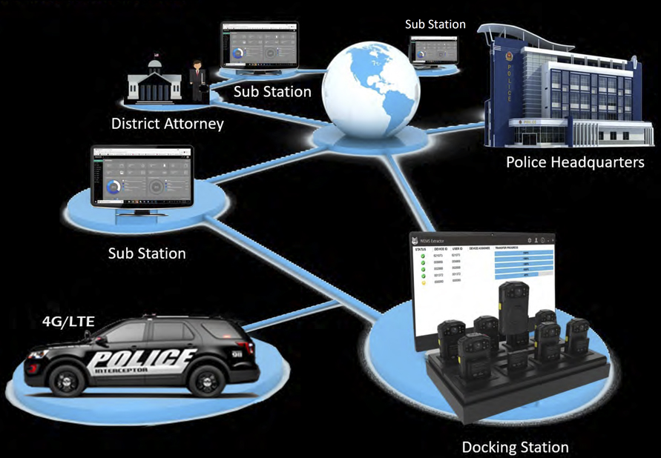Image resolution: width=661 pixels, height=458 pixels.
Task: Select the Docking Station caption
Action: pyautogui.click(x=515, y=447)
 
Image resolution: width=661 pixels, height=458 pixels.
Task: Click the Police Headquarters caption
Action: pyautogui.click(x=575, y=162)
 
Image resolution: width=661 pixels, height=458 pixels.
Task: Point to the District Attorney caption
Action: pyautogui.click(x=167, y=123)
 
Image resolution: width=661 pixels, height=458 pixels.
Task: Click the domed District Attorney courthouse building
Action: pyautogui.click(x=154, y=81)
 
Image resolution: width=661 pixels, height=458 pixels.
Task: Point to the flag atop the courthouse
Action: pyautogui.click(x=157, y=55)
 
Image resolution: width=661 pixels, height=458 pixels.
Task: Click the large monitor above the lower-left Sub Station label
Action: pyautogui.click(x=141, y=178)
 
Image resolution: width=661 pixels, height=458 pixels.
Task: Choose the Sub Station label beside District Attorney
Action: pyautogui.click(x=272, y=92)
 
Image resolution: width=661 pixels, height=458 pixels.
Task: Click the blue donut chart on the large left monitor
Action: pyautogui.click(x=113, y=187)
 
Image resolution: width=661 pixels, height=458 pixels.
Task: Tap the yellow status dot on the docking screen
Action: pyautogui.click(x=423, y=281)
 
